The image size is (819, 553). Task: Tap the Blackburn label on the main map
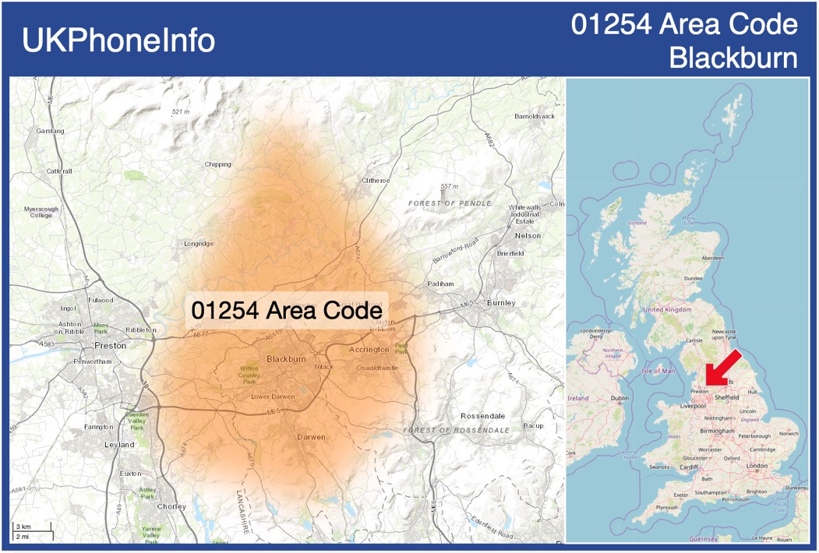click(286, 359)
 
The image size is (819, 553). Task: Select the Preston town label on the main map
click(109, 345)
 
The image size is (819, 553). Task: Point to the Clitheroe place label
click(376, 181)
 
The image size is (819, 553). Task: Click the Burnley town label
click(500, 302)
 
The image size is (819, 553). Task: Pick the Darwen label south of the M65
click(311, 437)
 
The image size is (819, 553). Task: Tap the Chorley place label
click(171, 506)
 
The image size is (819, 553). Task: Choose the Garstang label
click(51, 131)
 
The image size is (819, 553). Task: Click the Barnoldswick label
click(535, 116)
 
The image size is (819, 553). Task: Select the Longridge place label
click(199, 244)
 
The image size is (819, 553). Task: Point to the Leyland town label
click(119, 445)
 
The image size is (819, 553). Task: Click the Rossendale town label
click(483, 416)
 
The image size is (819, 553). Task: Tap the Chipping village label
click(218, 164)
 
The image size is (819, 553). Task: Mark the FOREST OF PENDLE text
click(450, 203)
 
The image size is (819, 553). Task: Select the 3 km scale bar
click(32, 528)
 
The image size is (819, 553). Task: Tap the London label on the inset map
click(757, 466)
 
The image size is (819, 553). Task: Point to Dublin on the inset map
click(620, 399)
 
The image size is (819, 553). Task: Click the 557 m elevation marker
click(450, 187)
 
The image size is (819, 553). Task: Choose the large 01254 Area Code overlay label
click(287, 310)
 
